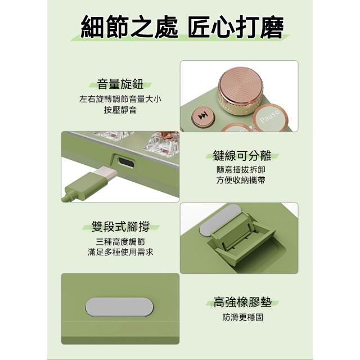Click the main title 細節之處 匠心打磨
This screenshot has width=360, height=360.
click(x=182, y=27)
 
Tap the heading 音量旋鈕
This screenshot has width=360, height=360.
click(x=120, y=84)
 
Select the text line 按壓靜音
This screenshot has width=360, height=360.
click(x=120, y=110)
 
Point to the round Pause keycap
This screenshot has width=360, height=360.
click(x=270, y=117)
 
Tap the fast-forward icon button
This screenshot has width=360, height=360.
click(x=203, y=116)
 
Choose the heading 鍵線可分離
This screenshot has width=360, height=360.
click(x=242, y=156)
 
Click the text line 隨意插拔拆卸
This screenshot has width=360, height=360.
click(x=241, y=170)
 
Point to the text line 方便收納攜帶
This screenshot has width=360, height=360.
click(x=241, y=180)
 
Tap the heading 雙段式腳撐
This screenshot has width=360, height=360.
click(x=120, y=226)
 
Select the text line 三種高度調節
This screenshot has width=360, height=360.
click(x=120, y=242)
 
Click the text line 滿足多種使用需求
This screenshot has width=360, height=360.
click(x=120, y=252)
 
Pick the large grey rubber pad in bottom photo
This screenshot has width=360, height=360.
click(x=119, y=307)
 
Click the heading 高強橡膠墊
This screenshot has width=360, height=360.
click(x=242, y=302)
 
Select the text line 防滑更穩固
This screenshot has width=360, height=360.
click(x=242, y=317)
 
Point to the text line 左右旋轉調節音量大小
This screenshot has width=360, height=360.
click(x=120, y=99)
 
